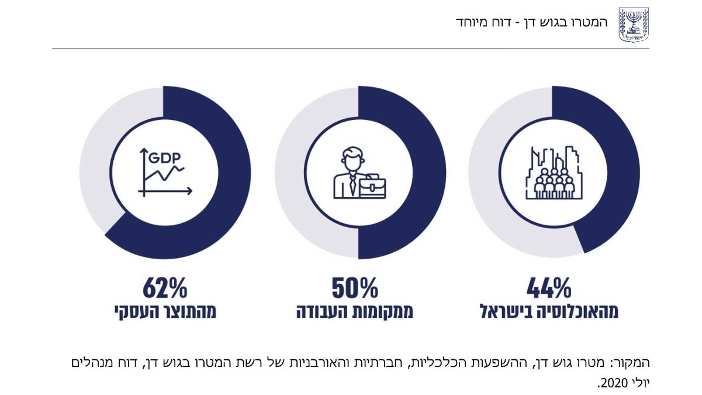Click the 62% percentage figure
pyautogui.click(x=165, y=288)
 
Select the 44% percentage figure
pyautogui.click(x=548, y=288)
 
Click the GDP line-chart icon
pyautogui.click(x=165, y=171)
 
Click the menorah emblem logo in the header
pyautogui.click(x=634, y=24)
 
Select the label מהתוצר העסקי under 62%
pyautogui.click(x=165, y=311)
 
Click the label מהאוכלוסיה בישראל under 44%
pyautogui.click(x=549, y=311)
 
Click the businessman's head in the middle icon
pyautogui.click(x=351, y=159)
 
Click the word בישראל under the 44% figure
pyautogui.click(x=507, y=311)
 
